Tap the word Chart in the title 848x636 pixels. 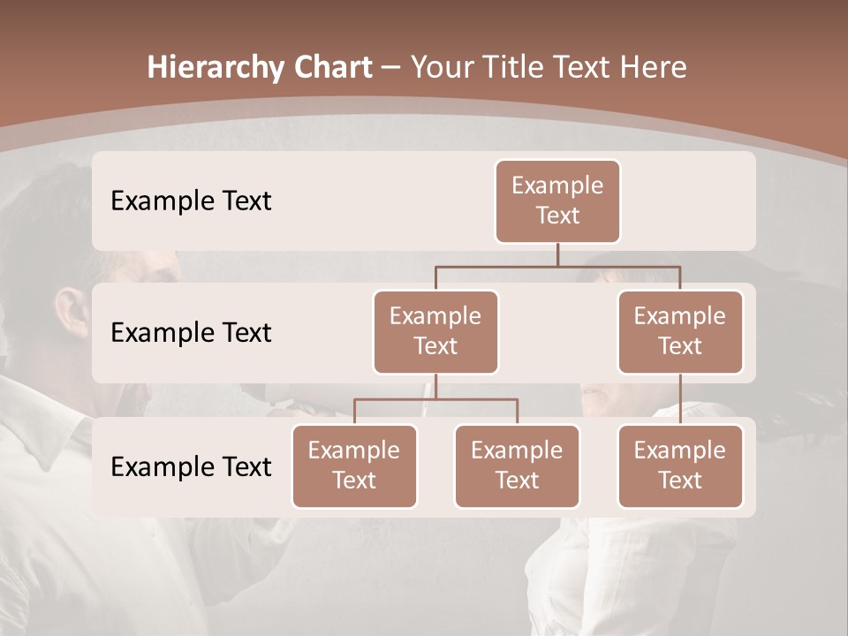330,68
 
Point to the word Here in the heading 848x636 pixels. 654,68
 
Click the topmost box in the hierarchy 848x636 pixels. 557,201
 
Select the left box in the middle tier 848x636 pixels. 435,331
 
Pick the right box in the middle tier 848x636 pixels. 680,331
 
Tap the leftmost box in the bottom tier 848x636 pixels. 354,466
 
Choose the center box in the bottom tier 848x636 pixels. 517,466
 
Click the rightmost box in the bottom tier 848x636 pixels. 680,466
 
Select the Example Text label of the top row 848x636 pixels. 191,201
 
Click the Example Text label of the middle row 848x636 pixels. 191,332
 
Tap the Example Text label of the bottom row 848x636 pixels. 191,466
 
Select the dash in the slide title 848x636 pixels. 391,68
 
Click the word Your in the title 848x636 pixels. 439,68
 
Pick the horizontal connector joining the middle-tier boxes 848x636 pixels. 557,267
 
